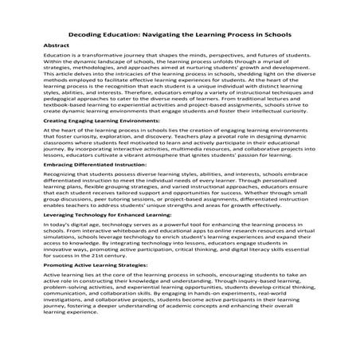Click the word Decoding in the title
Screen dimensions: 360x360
click(x=90, y=36)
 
